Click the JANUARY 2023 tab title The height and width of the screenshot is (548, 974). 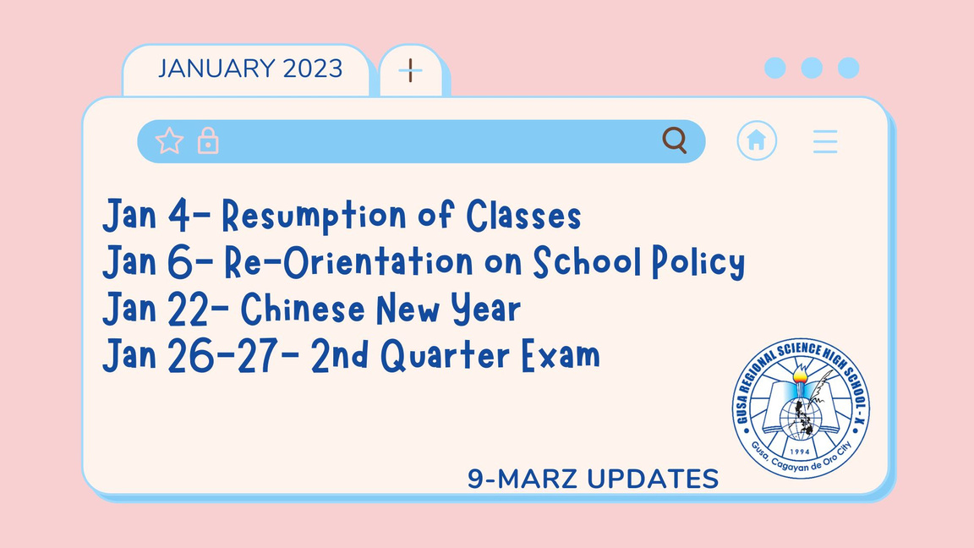[249, 68]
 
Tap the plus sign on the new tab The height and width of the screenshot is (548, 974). [410, 70]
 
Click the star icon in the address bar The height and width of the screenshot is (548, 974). [169, 140]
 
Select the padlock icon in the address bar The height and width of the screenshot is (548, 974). [208, 140]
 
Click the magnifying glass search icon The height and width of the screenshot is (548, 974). [674, 140]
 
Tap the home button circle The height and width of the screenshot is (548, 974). [756, 140]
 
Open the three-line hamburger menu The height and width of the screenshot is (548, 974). [825, 142]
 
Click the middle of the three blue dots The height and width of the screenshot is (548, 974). [812, 68]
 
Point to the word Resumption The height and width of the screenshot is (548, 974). [314, 216]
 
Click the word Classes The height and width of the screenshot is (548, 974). [523, 215]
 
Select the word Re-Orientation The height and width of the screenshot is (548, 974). [348, 261]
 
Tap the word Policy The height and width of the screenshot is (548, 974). [698, 262]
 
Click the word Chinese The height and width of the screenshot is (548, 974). [303, 308]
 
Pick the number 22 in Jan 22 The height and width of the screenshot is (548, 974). [189, 309]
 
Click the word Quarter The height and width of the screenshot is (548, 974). [445, 355]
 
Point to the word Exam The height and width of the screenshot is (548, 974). [561, 355]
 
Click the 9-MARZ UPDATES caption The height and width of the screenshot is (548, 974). [594, 479]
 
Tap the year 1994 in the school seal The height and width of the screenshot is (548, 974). [800, 452]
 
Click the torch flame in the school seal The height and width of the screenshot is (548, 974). [800, 374]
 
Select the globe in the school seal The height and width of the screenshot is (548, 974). [800, 418]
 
